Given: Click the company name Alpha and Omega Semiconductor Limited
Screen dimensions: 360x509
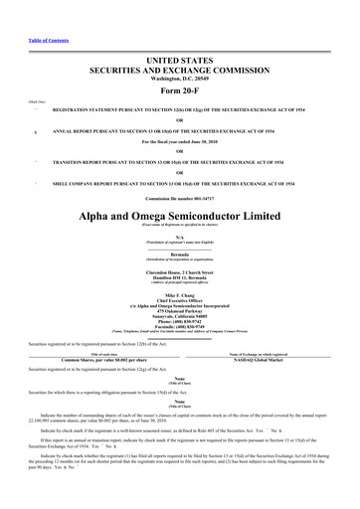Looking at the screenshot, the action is [x=180, y=217].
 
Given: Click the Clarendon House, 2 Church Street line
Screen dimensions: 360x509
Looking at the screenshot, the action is [x=180, y=270].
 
